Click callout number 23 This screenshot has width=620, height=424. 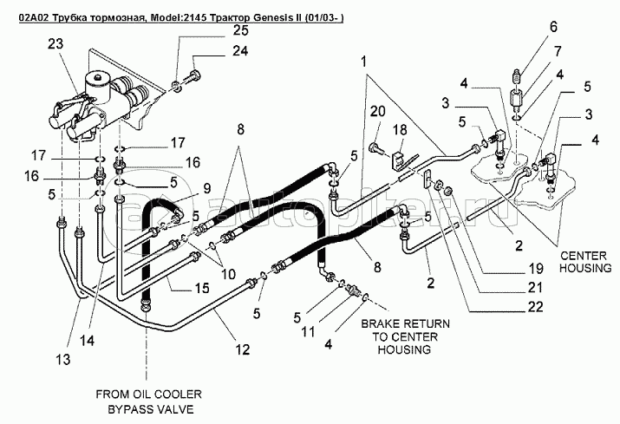point(55,44)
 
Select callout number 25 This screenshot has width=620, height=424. point(214,31)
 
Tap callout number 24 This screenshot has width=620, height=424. point(214,51)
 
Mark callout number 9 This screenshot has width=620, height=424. point(207,187)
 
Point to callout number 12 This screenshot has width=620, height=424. point(243,349)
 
